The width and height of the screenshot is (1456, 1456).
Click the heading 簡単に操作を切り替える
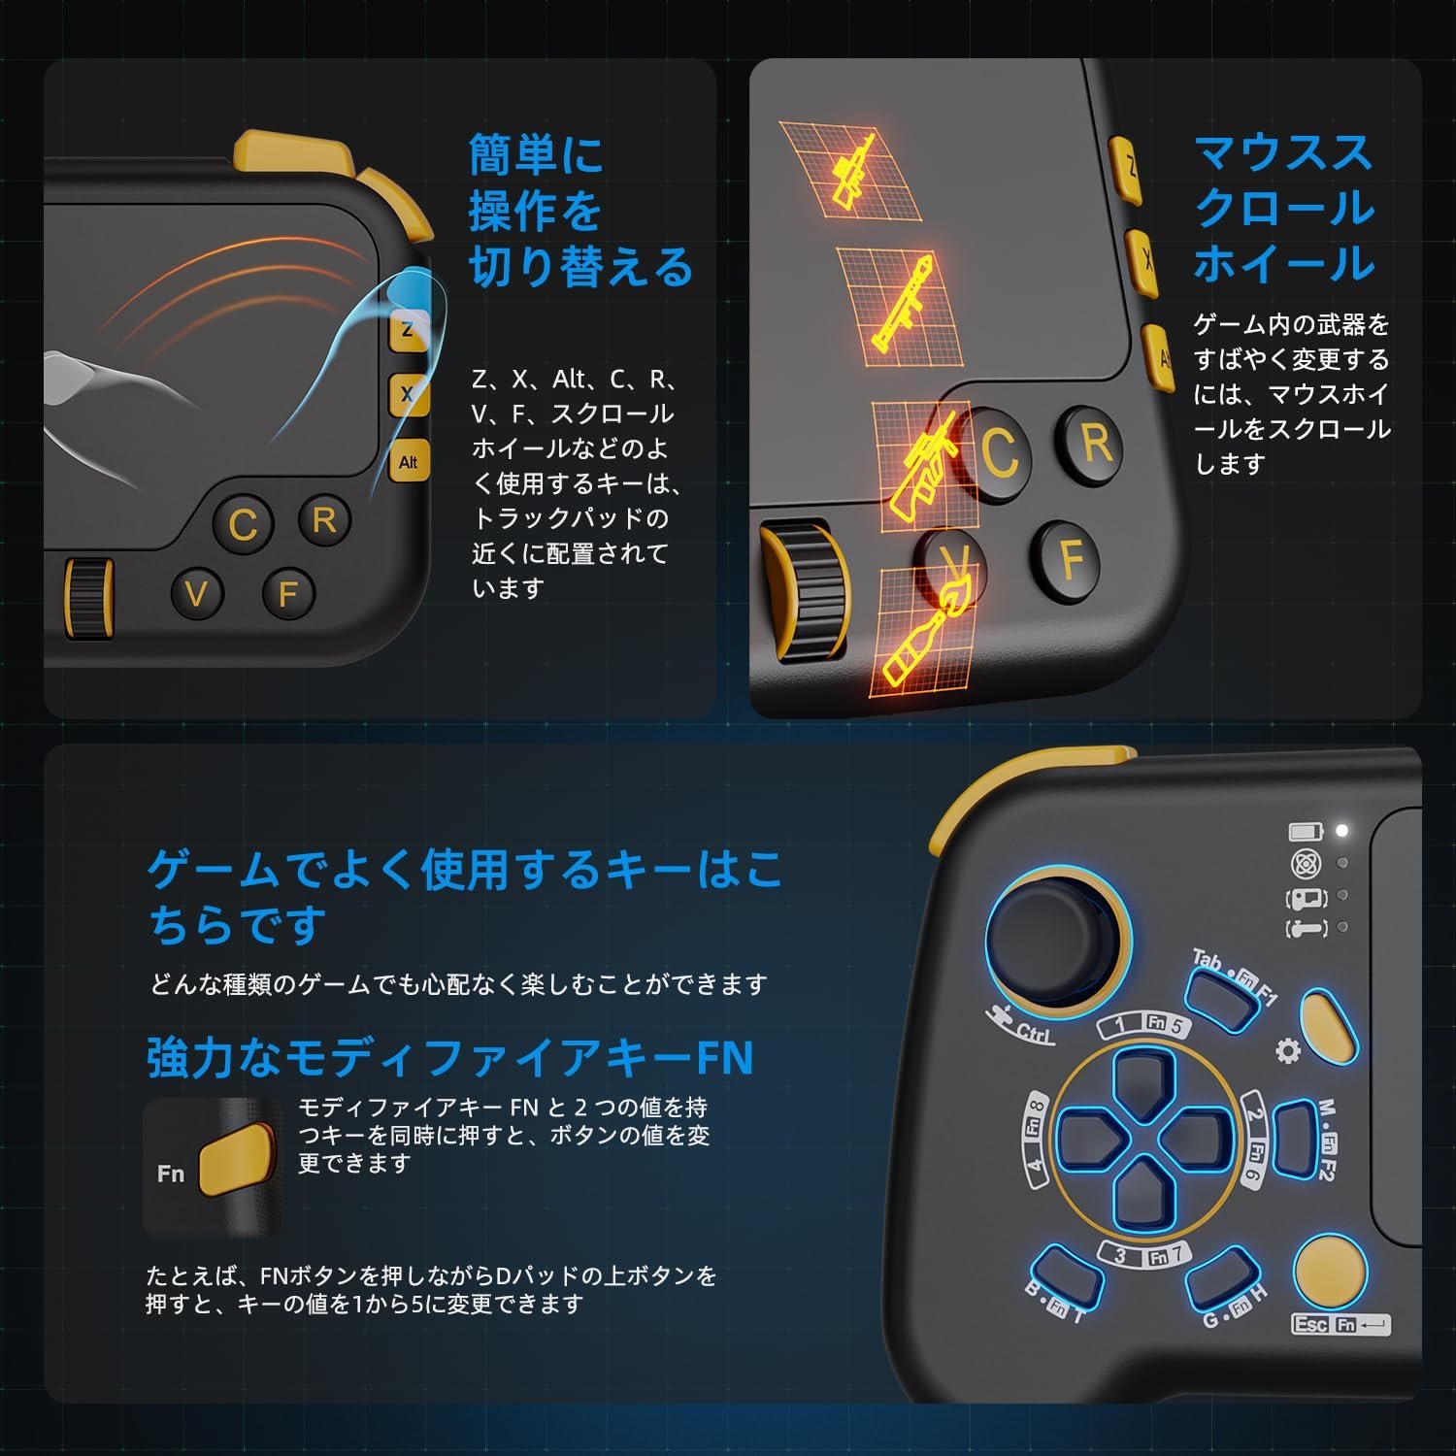(579, 211)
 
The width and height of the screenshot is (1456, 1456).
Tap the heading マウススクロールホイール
(1283, 209)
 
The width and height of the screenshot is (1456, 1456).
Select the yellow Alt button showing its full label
(409, 462)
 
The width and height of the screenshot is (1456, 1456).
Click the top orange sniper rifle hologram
(851, 169)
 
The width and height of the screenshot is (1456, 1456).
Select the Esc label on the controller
(1310, 1324)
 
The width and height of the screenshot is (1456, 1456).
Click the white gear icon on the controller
(1288, 1050)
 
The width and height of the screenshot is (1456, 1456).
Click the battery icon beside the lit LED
(1306, 831)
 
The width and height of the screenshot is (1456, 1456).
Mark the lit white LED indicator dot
(1342, 831)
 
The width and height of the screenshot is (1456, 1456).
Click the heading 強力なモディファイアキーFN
(449, 1058)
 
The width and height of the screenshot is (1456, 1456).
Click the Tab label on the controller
(1207, 961)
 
